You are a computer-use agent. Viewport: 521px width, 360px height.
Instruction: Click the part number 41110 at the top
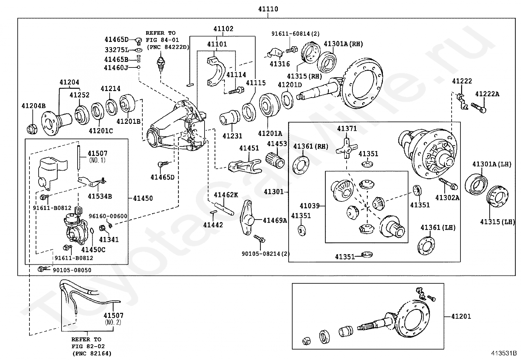pos(268,9)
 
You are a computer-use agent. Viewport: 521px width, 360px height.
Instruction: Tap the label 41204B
pos(33,106)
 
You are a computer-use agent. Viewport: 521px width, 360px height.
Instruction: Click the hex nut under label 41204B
pos(32,129)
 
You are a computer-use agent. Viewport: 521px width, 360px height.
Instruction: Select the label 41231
pos(232,136)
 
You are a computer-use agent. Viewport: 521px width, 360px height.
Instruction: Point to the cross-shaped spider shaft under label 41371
pos(347,148)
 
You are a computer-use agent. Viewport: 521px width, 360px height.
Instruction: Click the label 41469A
pos(275,220)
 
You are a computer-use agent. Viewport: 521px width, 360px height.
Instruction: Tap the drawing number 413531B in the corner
pos(504,353)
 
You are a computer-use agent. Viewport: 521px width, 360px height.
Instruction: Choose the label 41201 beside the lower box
pos(461,316)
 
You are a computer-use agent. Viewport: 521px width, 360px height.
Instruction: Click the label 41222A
pos(487,94)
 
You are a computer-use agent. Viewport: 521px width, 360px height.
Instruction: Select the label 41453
pos(277,144)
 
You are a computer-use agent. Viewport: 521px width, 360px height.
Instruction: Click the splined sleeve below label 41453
pos(275,160)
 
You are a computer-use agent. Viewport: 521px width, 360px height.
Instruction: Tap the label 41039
pos(310,206)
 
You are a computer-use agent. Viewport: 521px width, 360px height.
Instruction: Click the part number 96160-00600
pos(108,216)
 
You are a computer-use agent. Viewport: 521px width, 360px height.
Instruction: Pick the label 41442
pos(213,225)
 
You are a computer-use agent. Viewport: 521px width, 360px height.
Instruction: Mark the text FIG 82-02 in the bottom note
pos(88,346)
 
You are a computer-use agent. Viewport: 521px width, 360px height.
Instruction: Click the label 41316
pos(280,64)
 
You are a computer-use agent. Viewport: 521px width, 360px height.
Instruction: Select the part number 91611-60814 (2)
pos(296,34)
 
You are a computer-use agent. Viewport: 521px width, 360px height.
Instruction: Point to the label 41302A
pos(447,198)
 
